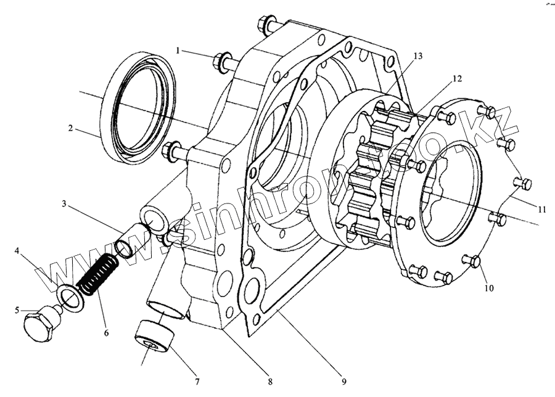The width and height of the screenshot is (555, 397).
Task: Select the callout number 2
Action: [71, 129]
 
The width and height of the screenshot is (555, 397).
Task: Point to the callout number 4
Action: [17, 251]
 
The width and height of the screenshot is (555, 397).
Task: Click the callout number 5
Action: [17, 310]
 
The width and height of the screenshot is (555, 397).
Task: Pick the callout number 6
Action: [105, 333]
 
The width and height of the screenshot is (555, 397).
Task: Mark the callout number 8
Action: [269, 381]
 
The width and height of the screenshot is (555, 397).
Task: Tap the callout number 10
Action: [488, 288]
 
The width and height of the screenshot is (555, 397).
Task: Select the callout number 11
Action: [541, 210]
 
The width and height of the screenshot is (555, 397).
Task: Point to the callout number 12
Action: [457, 78]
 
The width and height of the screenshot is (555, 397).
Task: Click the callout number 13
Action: [417, 56]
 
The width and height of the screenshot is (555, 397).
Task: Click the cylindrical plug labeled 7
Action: [154, 337]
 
